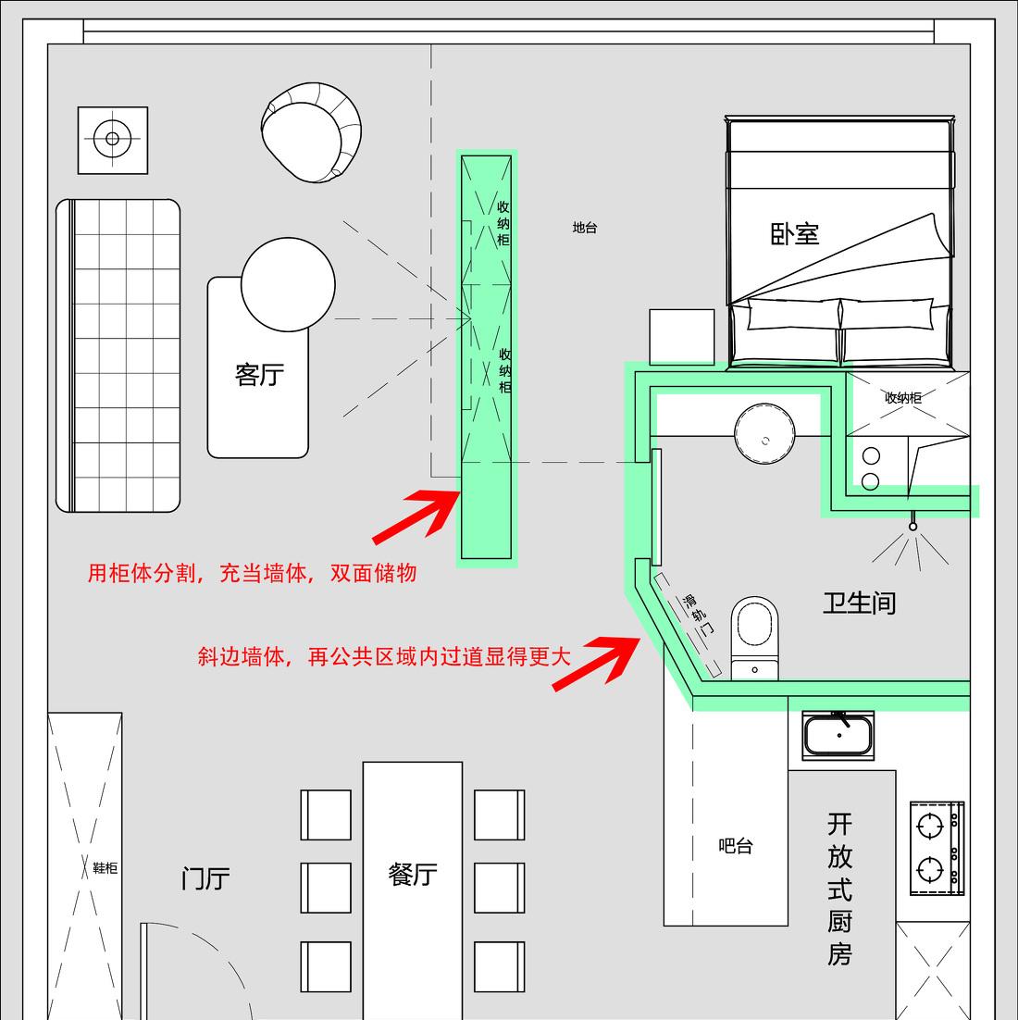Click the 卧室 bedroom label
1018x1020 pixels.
[x=795, y=233]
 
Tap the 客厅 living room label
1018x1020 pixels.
[x=259, y=375]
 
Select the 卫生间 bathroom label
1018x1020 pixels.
[x=860, y=603]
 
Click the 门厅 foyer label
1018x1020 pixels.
[x=205, y=878]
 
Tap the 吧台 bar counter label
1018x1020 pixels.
[x=736, y=846]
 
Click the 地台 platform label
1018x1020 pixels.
[x=585, y=228]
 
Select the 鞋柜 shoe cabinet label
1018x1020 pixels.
[x=105, y=868]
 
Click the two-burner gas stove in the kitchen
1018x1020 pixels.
[x=936, y=848]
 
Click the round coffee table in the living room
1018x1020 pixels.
[x=288, y=285]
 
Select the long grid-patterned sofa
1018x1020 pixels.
[x=118, y=355]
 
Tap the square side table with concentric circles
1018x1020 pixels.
[x=113, y=140]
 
